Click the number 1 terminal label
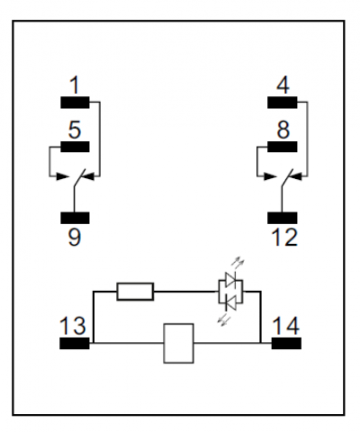[x=75, y=85]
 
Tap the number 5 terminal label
[x=75, y=130]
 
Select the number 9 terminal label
[x=75, y=237]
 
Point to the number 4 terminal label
[x=283, y=85]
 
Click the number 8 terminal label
[x=283, y=130]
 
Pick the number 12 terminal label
[x=284, y=237]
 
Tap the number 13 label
[x=73, y=326]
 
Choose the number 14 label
[x=285, y=326]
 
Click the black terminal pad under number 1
[x=75, y=103]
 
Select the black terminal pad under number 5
[x=75, y=147]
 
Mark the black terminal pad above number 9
[x=75, y=218]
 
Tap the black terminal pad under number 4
[x=283, y=103]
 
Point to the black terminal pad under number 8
[x=283, y=147]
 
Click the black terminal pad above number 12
[x=283, y=218]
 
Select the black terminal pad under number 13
[x=75, y=343]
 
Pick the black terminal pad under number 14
[x=286, y=343]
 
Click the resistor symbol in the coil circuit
[x=135, y=292]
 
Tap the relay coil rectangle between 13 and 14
[x=178, y=343]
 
